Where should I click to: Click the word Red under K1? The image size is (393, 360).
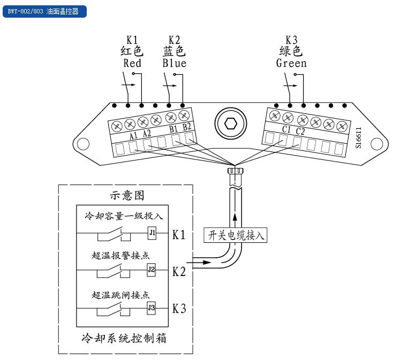click(x=132, y=63)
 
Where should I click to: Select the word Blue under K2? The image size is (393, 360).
click(x=175, y=63)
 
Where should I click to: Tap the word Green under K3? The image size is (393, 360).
click(x=291, y=63)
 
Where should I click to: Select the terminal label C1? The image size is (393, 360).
click(x=286, y=130)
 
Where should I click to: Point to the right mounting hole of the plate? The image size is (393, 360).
click(x=376, y=143)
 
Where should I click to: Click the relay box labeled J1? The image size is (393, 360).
click(x=152, y=233)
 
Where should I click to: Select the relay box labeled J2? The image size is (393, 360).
click(x=152, y=270)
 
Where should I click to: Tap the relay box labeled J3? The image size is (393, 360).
click(x=152, y=308)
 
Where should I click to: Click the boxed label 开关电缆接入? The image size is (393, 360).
click(x=235, y=234)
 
